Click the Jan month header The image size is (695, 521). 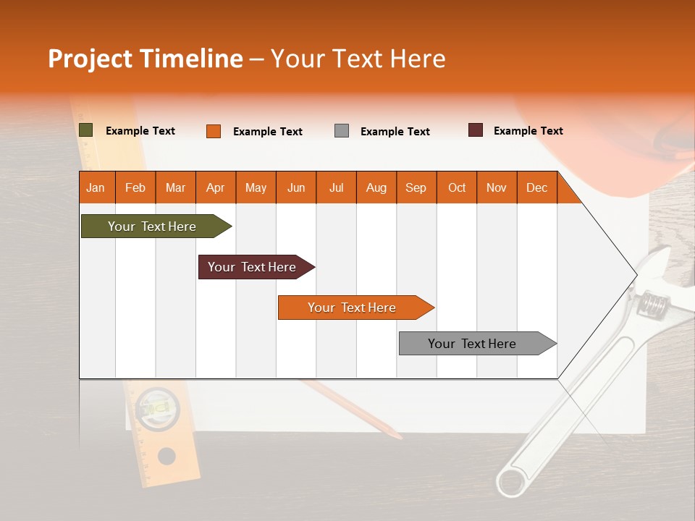coord(96,187)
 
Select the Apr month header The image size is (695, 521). coord(215,187)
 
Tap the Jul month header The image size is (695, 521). coord(336,187)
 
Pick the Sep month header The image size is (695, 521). coord(416,187)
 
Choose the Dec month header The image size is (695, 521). coord(536,187)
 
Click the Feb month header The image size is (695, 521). coord(135,187)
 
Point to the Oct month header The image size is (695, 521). coord(457,187)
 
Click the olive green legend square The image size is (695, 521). coord(86,130)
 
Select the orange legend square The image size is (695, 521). coord(214,131)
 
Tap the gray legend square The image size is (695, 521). coord(342,131)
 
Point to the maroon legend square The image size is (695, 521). coord(476,130)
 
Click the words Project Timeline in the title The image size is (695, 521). coord(146,59)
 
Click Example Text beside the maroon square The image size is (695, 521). coord(528,131)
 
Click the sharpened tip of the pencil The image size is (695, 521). coord(399,437)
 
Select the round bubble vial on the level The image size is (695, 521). coord(158,410)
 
